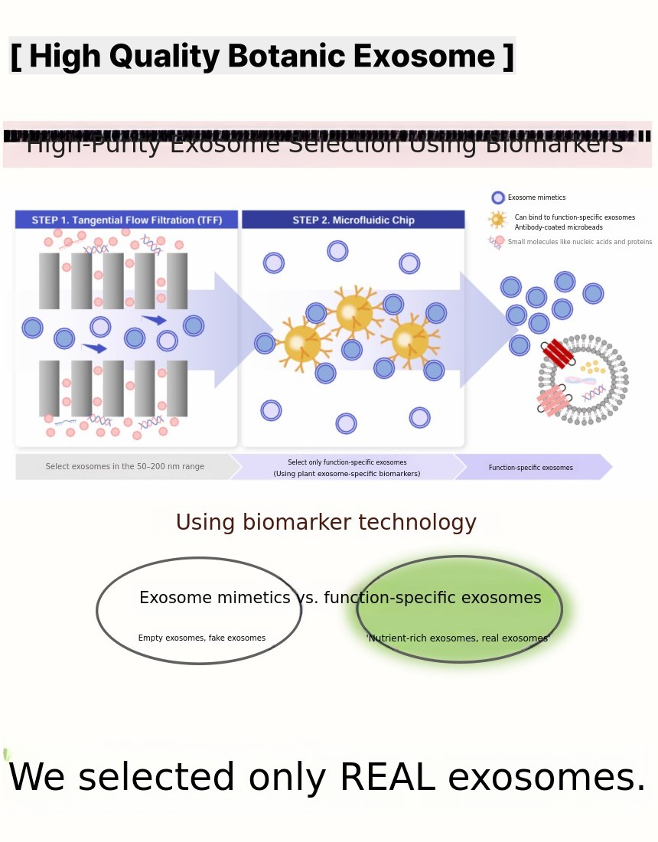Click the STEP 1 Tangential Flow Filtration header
click(127, 220)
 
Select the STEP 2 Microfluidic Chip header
click(353, 220)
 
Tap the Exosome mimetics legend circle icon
click(498, 197)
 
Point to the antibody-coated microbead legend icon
click(498, 220)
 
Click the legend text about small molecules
click(579, 242)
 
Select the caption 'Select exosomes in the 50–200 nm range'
click(125, 466)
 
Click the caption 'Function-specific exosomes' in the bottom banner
click(531, 468)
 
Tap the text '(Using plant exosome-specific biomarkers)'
click(347, 474)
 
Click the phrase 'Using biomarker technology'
click(326, 522)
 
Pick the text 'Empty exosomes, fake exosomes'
click(202, 638)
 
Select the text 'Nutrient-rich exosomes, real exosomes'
click(458, 638)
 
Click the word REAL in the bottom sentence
click(386, 777)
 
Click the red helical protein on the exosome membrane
click(559, 354)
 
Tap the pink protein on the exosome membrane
click(552, 400)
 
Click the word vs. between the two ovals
click(307, 598)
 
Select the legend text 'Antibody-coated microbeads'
click(559, 227)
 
